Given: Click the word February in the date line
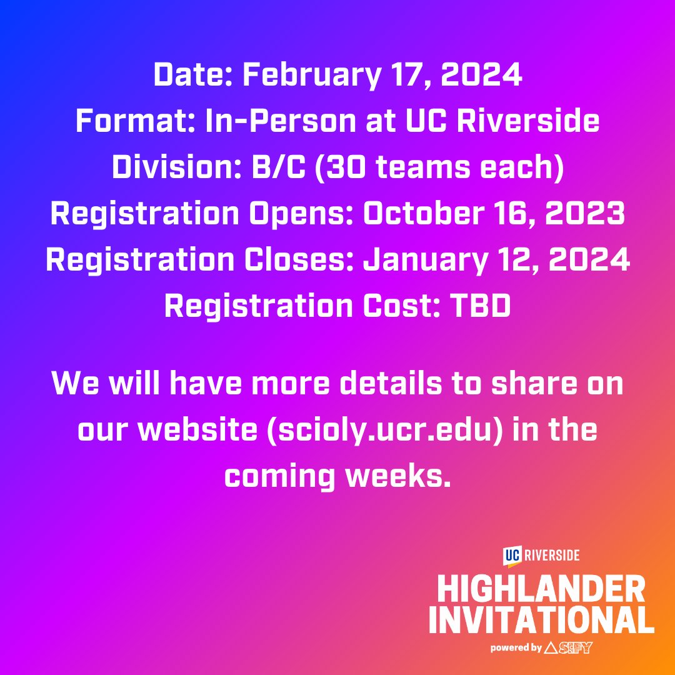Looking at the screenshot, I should tap(309, 76).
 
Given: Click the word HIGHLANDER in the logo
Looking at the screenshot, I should tap(541, 589).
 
